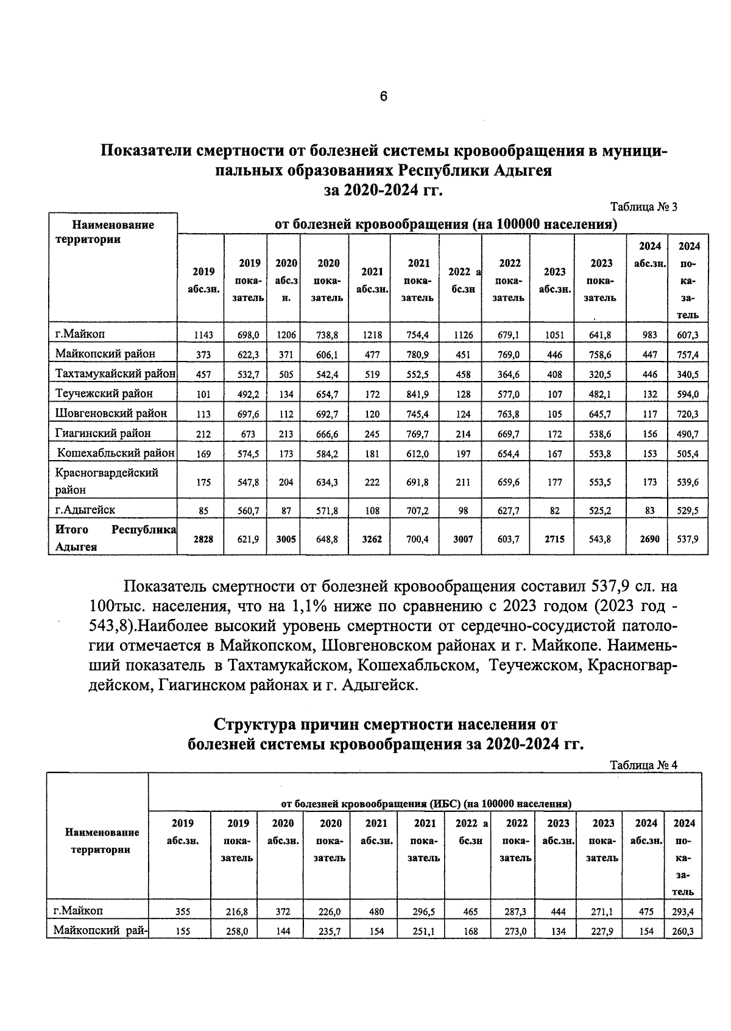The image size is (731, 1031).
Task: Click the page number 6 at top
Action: [383, 96]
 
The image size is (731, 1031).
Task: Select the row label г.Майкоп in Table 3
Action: [80, 334]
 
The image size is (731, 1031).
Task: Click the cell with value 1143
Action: [203, 335]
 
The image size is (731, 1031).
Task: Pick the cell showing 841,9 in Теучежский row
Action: [417, 394]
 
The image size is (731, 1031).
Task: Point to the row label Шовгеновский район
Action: [111, 413]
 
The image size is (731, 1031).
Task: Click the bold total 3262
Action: [372, 539]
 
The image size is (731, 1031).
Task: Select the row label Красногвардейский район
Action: [107, 480]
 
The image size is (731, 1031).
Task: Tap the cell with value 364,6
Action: [508, 374]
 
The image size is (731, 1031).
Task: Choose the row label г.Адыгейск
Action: [85, 509]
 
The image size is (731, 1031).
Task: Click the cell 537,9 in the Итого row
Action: [688, 539]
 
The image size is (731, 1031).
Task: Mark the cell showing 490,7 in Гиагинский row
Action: [688, 434]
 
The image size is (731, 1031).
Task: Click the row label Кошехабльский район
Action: [116, 453]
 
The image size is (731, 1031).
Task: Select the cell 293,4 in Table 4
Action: [683, 912]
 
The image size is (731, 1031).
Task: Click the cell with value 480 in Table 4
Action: [376, 912]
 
